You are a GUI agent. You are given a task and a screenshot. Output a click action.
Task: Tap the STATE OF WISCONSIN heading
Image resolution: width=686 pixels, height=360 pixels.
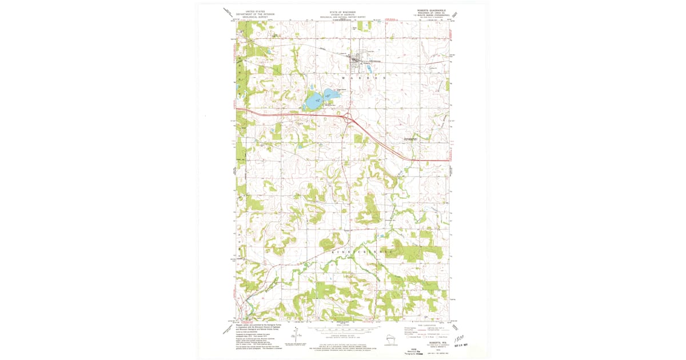342,11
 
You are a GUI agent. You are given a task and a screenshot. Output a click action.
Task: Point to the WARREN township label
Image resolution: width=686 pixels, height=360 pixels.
364,77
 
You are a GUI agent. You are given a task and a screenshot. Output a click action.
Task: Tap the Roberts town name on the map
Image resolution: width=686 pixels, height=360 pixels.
358,63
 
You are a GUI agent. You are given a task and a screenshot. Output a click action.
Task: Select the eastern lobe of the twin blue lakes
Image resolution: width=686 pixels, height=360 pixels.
332,95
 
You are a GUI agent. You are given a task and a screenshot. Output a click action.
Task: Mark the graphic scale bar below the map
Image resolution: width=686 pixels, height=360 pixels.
343,330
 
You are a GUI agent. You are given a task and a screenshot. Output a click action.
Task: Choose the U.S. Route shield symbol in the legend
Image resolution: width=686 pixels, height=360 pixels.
426,337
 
